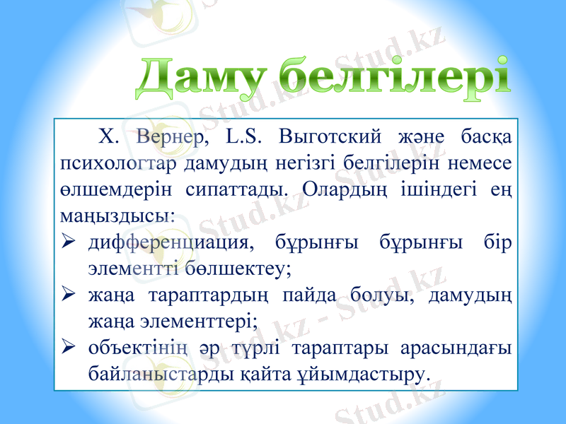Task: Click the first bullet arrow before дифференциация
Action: tap(69, 242)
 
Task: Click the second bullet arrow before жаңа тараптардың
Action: tap(69, 296)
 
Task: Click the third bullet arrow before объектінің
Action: tap(69, 350)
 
